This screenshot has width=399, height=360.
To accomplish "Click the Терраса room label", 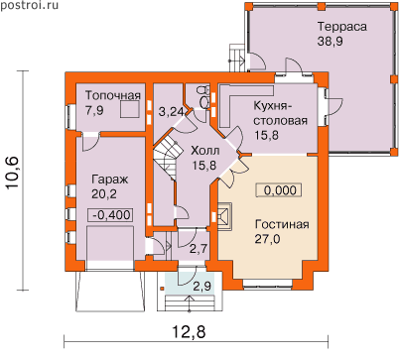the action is click(342, 27).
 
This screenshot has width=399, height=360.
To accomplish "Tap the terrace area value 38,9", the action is click(331, 42).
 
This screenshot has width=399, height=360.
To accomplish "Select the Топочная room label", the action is click(113, 95).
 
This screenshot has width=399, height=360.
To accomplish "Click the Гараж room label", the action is click(110, 180).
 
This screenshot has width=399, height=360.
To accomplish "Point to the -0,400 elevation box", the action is click(111, 215).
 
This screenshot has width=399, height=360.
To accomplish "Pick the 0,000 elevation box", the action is click(278, 190).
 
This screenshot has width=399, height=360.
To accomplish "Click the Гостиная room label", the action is click(282, 224).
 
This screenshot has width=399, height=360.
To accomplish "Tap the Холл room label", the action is click(204, 151).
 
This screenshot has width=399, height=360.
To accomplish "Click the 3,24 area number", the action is click(171, 111).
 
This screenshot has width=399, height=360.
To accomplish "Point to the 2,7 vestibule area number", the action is click(199, 248).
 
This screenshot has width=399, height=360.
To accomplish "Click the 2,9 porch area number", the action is click(202, 286).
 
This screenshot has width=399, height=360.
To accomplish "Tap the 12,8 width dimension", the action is click(190, 331).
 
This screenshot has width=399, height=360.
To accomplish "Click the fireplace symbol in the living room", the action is click(225, 216).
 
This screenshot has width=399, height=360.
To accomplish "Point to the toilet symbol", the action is click(202, 96).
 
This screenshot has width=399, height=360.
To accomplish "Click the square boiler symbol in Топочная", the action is click(129, 109).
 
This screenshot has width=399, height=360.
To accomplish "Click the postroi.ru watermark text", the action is click(29, 5).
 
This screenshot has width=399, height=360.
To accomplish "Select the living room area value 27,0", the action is click(267, 239).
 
